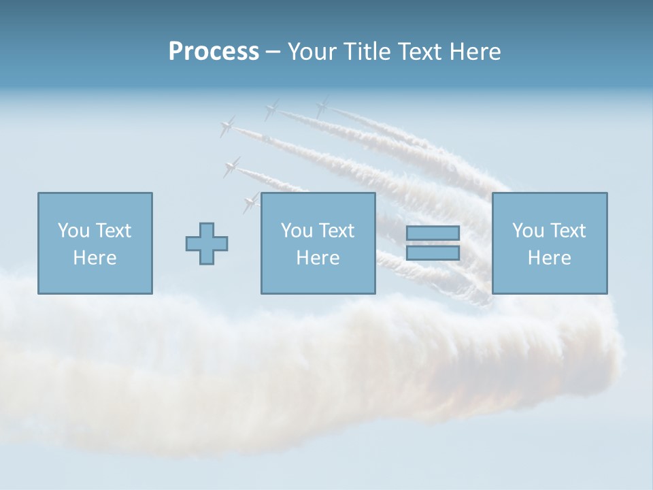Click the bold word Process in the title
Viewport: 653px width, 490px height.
(214, 51)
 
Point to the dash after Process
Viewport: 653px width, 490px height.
(273, 52)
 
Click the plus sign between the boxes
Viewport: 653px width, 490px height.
(207, 243)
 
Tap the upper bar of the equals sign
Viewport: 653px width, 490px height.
(433, 233)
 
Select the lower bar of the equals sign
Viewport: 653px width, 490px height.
(433, 252)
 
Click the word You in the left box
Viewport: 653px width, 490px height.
(73, 231)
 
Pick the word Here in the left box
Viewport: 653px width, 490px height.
(95, 258)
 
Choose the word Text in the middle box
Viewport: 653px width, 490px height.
(336, 231)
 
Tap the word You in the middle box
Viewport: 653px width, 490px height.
(297, 231)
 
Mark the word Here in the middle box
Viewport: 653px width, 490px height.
(318, 258)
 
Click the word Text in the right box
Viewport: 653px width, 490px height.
(567, 231)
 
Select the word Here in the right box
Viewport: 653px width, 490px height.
(550, 258)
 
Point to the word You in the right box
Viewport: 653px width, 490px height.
(528, 231)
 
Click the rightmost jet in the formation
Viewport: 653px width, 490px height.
(322, 106)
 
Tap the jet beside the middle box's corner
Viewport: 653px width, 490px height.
(251, 201)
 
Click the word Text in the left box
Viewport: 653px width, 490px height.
(113, 231)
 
